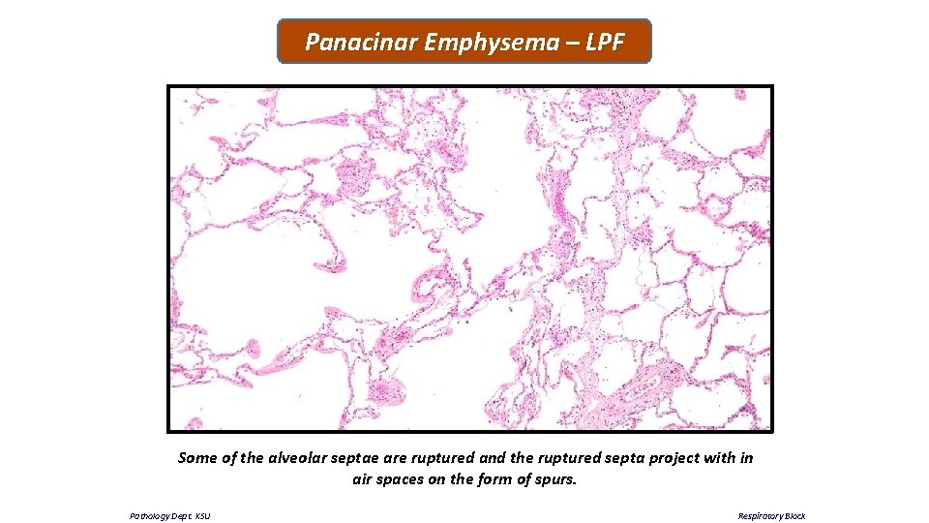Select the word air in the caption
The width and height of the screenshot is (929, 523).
(x=364, y=478)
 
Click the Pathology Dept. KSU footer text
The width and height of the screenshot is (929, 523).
(x=169, y=516)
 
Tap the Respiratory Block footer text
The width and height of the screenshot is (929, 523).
(x=771, y=516)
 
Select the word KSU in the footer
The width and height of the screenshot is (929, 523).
(x=202, y=516)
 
